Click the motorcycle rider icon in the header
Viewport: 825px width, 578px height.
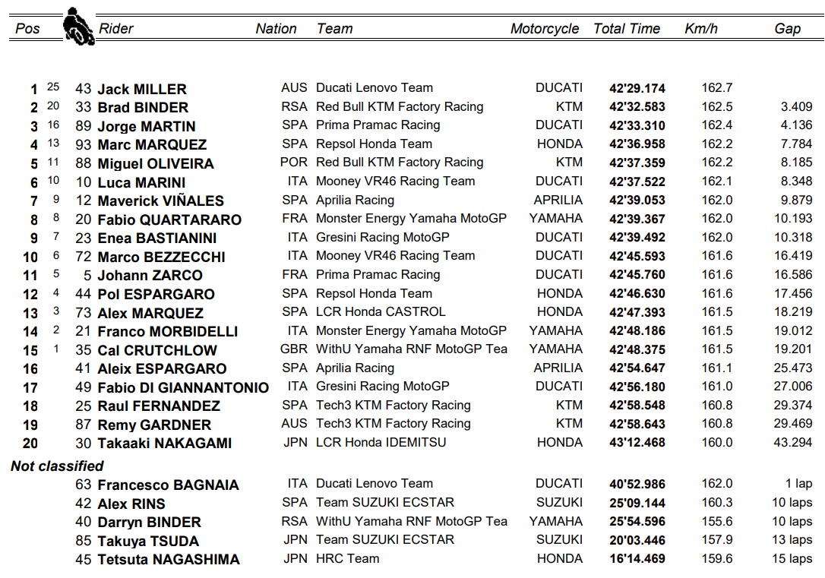[x=74, y=27]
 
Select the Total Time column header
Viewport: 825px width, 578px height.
[x=627, y=29]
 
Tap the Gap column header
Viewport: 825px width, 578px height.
[x=787, y=29]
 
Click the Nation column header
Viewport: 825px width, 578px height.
[x=276, y=29]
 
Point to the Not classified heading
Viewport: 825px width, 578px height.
[x=57, y=466]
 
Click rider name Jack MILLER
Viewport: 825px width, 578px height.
[x=141, y=89]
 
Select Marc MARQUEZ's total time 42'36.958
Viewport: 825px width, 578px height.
[x=637, y=144]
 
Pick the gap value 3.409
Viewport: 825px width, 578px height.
[x=796, y=107]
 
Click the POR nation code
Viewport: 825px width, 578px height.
[x=294, y=163]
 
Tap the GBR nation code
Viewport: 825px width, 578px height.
[x=294, y=349]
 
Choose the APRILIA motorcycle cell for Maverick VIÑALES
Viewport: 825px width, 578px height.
[x=558, y=201]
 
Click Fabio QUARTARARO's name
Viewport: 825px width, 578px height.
[x=169, y=220]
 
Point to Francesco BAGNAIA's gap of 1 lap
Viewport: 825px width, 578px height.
[x=798, y=484]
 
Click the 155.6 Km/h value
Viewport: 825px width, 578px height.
[x=716, y=521]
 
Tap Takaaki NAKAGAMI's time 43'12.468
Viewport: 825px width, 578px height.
[x=637, y=442]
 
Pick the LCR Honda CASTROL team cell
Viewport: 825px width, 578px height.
[x=381, y=311]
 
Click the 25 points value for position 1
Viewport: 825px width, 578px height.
[x=52, y=87]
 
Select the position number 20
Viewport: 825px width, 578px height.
[x=30, y=443]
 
